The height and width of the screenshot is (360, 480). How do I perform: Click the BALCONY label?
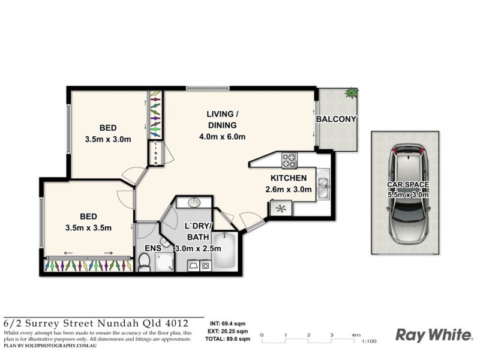click(x=337, y=119)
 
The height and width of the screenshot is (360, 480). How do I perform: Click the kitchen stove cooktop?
click(x=289, y=160)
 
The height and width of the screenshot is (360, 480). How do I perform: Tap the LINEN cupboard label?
click(x=156, y=152)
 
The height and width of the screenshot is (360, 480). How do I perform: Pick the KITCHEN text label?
click(x=289, y=178)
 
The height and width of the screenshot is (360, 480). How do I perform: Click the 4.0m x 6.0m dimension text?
click(x=222, y=137)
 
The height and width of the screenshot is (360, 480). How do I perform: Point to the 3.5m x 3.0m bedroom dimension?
click(x=108, y=140)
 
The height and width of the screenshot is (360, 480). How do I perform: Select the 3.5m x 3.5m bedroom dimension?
click(x=88, y=227)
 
